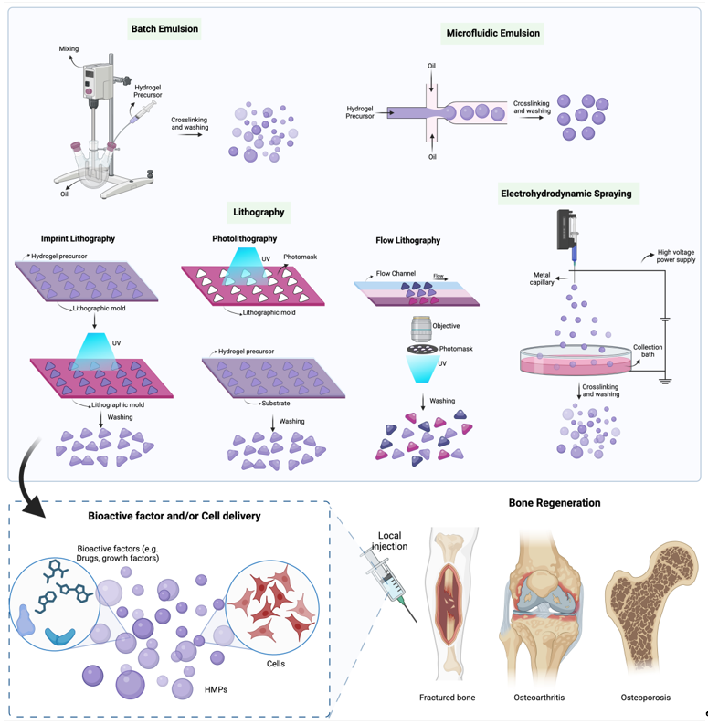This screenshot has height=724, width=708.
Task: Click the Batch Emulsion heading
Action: coord(164,28)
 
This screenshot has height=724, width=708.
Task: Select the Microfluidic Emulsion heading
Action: coord(492,34)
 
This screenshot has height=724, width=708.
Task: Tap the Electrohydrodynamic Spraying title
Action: coord(565,194)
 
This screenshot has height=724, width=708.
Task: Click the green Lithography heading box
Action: coord(259,212)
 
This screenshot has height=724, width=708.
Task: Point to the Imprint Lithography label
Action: coord(79,239)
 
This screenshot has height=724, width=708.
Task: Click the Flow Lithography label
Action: coord(407,241)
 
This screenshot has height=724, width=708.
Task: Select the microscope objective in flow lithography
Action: coord(421,326)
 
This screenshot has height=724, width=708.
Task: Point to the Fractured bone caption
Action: coord(447,698)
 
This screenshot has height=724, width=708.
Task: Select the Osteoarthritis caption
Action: coord(539,698)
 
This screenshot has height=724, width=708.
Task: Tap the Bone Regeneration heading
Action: coord(555,503)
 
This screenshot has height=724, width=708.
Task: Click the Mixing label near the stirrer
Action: coord(69,47)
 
